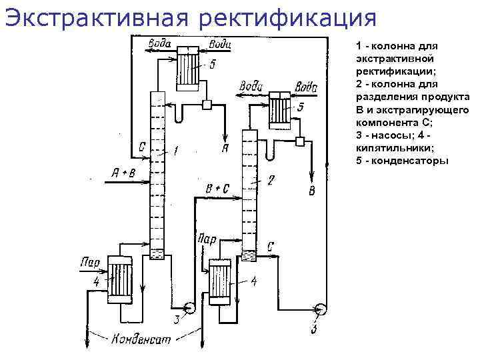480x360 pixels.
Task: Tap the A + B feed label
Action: pyautogui.click(x=123, y=175)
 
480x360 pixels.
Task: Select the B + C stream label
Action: pyautogui.click(x=217, y=189)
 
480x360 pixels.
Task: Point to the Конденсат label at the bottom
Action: pyautogui.click(x=141, y=339)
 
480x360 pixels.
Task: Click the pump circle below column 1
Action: pyautogui.click(x=188, y=308)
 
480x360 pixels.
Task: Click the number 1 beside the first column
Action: pyautogui.click(x=175, y=152)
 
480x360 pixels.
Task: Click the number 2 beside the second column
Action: pyautogui.click(x=270, y=180)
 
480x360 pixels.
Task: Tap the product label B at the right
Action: pyautogui.click(x=312, y=192)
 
